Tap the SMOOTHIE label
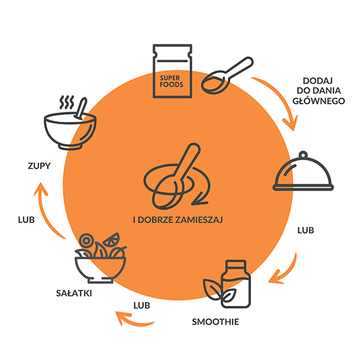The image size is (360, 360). tap(215, 322)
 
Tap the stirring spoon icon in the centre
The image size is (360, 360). tap(177, 177)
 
